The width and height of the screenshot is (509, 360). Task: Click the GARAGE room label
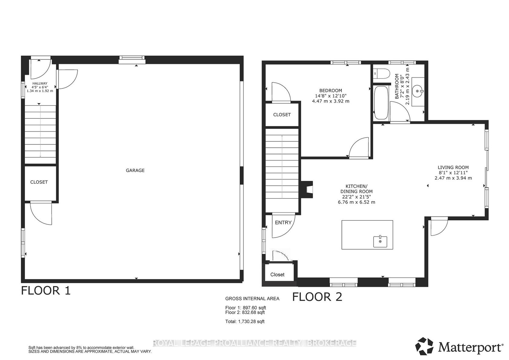pos(135,170)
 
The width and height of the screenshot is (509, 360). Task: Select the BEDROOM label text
pos(331,90)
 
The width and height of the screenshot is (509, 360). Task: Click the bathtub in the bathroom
pos(381,103)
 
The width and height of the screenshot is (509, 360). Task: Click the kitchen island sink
pos(380,242)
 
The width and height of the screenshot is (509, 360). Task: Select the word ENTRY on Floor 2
pos(283,223)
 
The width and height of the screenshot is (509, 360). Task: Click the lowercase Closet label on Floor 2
pos(278,275)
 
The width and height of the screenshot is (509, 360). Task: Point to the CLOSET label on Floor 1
pos(39,182)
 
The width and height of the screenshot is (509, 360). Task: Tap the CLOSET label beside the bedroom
pos(282,115)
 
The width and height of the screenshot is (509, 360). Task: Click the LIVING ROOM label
pos(453,168)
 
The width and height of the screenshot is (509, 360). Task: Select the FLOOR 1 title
pos(46,291)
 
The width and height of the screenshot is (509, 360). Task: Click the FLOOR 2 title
pos(317,297)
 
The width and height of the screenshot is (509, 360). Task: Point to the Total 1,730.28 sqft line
pos(245,322)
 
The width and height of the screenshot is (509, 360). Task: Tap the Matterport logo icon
pos(424,346)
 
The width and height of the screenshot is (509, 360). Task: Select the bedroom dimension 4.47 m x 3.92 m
pos(331,101)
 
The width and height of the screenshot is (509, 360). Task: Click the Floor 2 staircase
pos(282,171)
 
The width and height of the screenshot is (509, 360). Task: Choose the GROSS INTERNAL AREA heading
pos(252,299)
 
